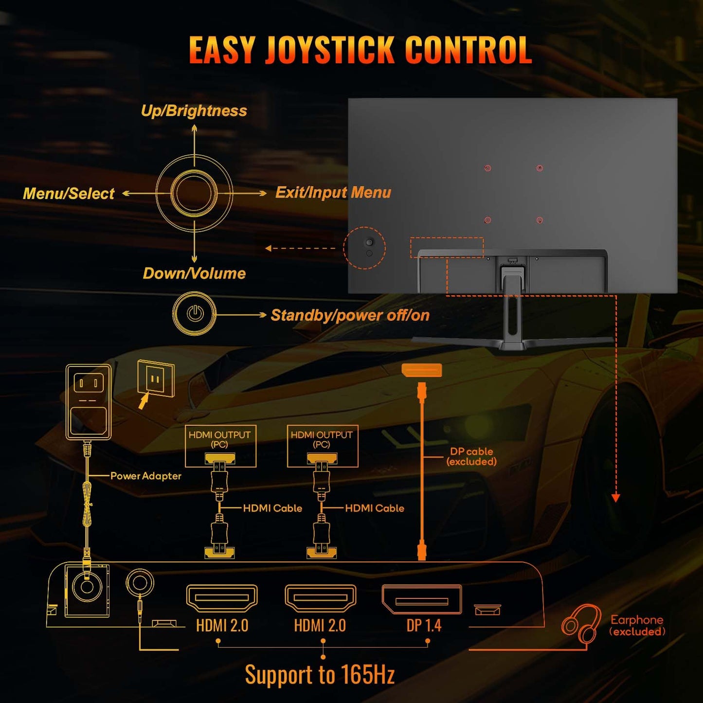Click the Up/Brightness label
click(x=194, y=111)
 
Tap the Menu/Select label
click(x=69, y=194)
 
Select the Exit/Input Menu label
click(x=333, y=193)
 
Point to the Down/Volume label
click(x=194, y=273)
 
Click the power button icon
click(x=195, y=313)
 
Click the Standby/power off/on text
click(x=350, y=315)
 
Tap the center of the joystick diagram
click(x=194, y=193)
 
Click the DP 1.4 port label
click(x=424, y=626)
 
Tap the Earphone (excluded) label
click(x=637, y=626)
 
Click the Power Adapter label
click(x=145, y=476)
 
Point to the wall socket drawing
click(x=156, y=379)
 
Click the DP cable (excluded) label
click(x=471, y=456)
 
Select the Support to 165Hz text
click(x=320, y=675)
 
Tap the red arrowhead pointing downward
click(x=615, y=498)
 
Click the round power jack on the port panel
click(x=87, y=587)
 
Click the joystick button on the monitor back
click(x=369, y=242)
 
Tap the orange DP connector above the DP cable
click(x=422, y=370)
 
